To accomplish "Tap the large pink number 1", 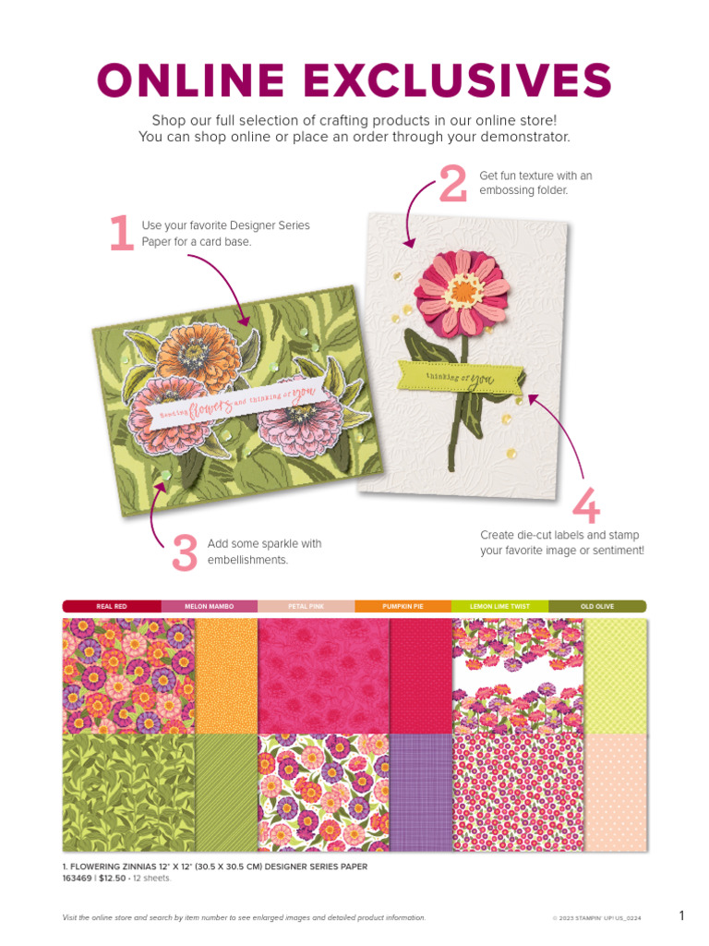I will click(121, 234).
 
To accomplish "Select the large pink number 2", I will click(452, 185).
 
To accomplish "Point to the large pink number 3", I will click(185, 552).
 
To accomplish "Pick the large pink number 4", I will click(586, 506).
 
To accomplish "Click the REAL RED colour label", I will click(111, 607).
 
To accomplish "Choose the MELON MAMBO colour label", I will click(210, 607).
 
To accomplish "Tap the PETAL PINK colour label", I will click(306, 607).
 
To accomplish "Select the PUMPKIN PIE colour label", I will click(403, 607).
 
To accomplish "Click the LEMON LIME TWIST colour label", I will click(499, 607).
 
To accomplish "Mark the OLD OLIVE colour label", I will click(597, 607).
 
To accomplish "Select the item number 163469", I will click(77, 879).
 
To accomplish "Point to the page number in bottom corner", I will click(681, 916).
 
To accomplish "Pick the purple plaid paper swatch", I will click(420, 793).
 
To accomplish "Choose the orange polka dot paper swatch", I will click(226, 676).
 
